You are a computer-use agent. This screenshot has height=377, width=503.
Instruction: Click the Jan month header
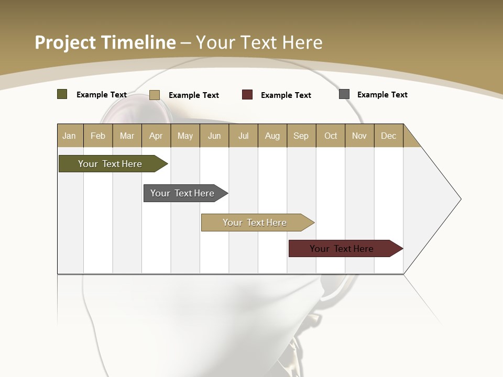[x=70, y=136]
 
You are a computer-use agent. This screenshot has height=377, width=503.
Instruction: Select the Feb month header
[x=98, y=136]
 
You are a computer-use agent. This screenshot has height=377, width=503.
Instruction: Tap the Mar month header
[x=127, y=136]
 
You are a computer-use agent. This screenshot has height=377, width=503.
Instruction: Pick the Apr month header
[x=156, y=136]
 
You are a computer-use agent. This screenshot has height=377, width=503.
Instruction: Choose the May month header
[x=185, y=136]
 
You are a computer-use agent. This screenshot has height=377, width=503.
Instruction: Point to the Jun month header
[x=214, y=136]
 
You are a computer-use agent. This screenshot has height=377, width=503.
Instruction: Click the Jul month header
[x=243, y=136]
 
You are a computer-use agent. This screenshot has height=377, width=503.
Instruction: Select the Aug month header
[x=272, y=136]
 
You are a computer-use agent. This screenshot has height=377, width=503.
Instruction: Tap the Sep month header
[x=301, y=136]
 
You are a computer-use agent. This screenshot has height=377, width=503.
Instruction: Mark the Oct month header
[x=331, y=136]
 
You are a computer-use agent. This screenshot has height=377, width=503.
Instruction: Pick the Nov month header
[x=359, y=136]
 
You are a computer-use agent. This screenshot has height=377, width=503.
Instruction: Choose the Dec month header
[x=389, y=136]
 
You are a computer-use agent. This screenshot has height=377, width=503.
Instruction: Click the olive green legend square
[x=62, y=94]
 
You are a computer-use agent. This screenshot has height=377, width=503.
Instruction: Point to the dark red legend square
[x=247, y=95]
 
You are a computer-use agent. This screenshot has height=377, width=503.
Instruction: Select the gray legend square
[x=344, y=94]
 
